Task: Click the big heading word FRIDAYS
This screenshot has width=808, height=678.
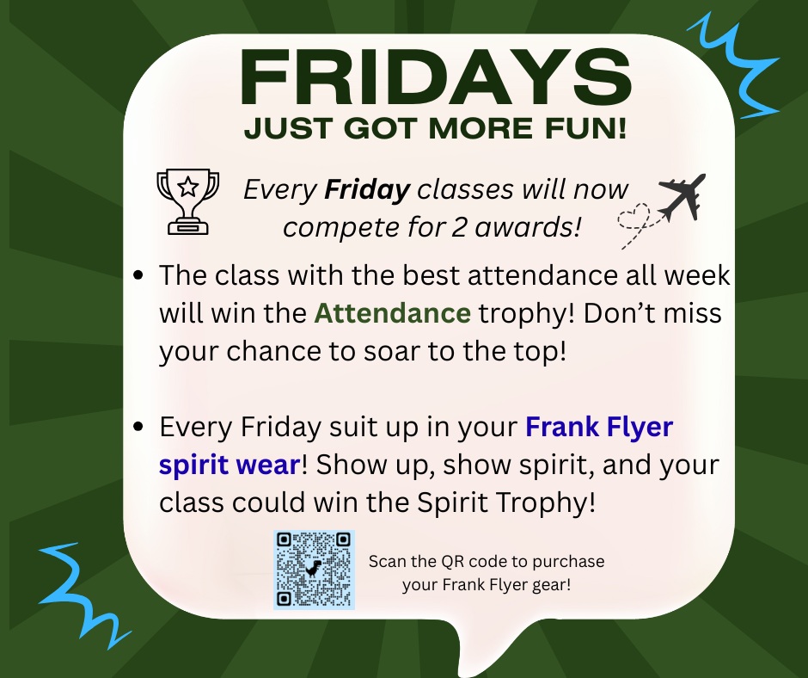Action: [436, 77]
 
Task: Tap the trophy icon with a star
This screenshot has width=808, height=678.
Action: [188, 201]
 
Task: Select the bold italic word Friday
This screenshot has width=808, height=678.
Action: [367, 190]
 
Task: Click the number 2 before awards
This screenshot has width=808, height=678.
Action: [458, 227]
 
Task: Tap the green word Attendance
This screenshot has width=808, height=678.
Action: [392, 313]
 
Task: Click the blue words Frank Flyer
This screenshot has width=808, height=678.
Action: [599, 428]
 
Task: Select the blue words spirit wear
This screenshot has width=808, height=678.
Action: [230, 465]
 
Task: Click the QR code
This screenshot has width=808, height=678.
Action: [314, 570]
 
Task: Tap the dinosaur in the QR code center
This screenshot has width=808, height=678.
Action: [313, 568]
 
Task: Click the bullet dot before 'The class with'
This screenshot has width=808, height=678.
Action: [138, 275]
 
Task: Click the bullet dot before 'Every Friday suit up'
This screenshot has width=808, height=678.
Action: [138, 427]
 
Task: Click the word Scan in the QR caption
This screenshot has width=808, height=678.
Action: [387, 561]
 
